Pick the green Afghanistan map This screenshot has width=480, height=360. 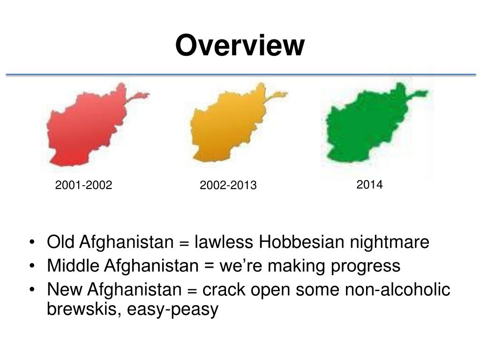point(368,124)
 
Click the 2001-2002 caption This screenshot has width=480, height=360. point(83,186)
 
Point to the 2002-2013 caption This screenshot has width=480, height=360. point(228,186)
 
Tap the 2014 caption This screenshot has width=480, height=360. point(369,185)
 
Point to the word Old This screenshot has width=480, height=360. point(60,243)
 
